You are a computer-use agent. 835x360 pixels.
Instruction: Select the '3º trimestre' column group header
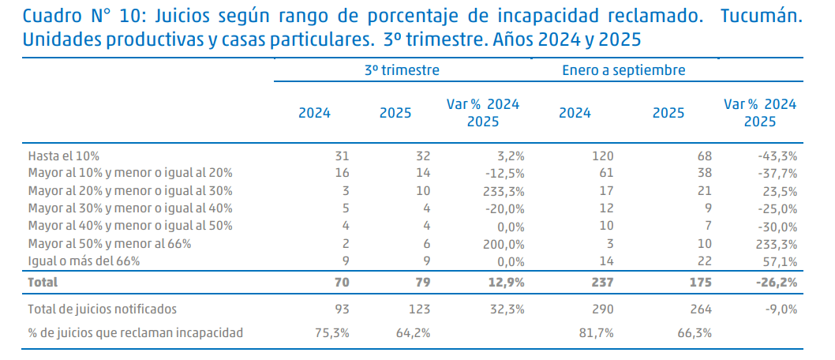point(402,69)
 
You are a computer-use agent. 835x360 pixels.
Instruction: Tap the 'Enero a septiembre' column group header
point(623,69)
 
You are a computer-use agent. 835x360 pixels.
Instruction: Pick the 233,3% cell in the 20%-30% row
point(504,190)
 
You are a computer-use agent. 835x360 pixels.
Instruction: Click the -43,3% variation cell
point(777,156)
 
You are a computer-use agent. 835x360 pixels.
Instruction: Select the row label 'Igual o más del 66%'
point(85,261)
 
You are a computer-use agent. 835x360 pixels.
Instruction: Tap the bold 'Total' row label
point(43,281)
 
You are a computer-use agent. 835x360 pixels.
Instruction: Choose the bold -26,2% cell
point(777,281)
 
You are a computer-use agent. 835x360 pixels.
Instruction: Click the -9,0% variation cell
point(780,309)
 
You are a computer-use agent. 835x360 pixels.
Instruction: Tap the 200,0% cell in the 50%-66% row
point(504,243)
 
